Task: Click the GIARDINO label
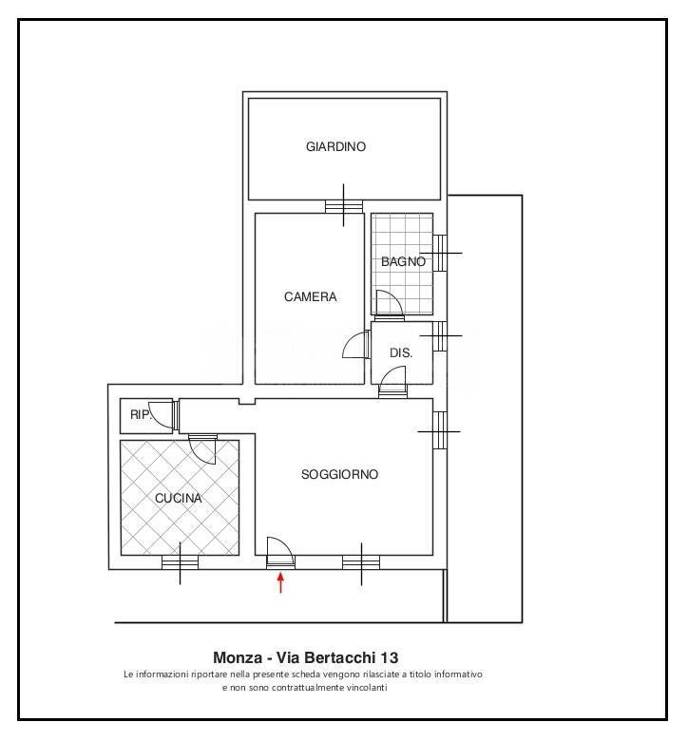(x=335, y=146)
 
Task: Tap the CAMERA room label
(x=310, y=296)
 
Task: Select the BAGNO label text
(x=403, y=261)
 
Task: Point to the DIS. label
(x=401, y=352)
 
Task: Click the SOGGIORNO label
(x=339, y=474)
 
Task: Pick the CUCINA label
(x=179, y=498)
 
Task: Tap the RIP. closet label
(x=140, y=415)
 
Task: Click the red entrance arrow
(x=281, y=582)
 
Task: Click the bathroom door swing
(x=389, y=304)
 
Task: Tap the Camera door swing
(x=356, y=344)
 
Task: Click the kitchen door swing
(x=202, y=448)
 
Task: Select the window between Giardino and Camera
(x=344, y=206)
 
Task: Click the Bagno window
(x=440, y=254)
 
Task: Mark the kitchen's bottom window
(x=180, y=562)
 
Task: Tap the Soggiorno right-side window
(x=439, y=430)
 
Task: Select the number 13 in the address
(x=390, y=657)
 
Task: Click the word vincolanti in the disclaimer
(x=368, y=688)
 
